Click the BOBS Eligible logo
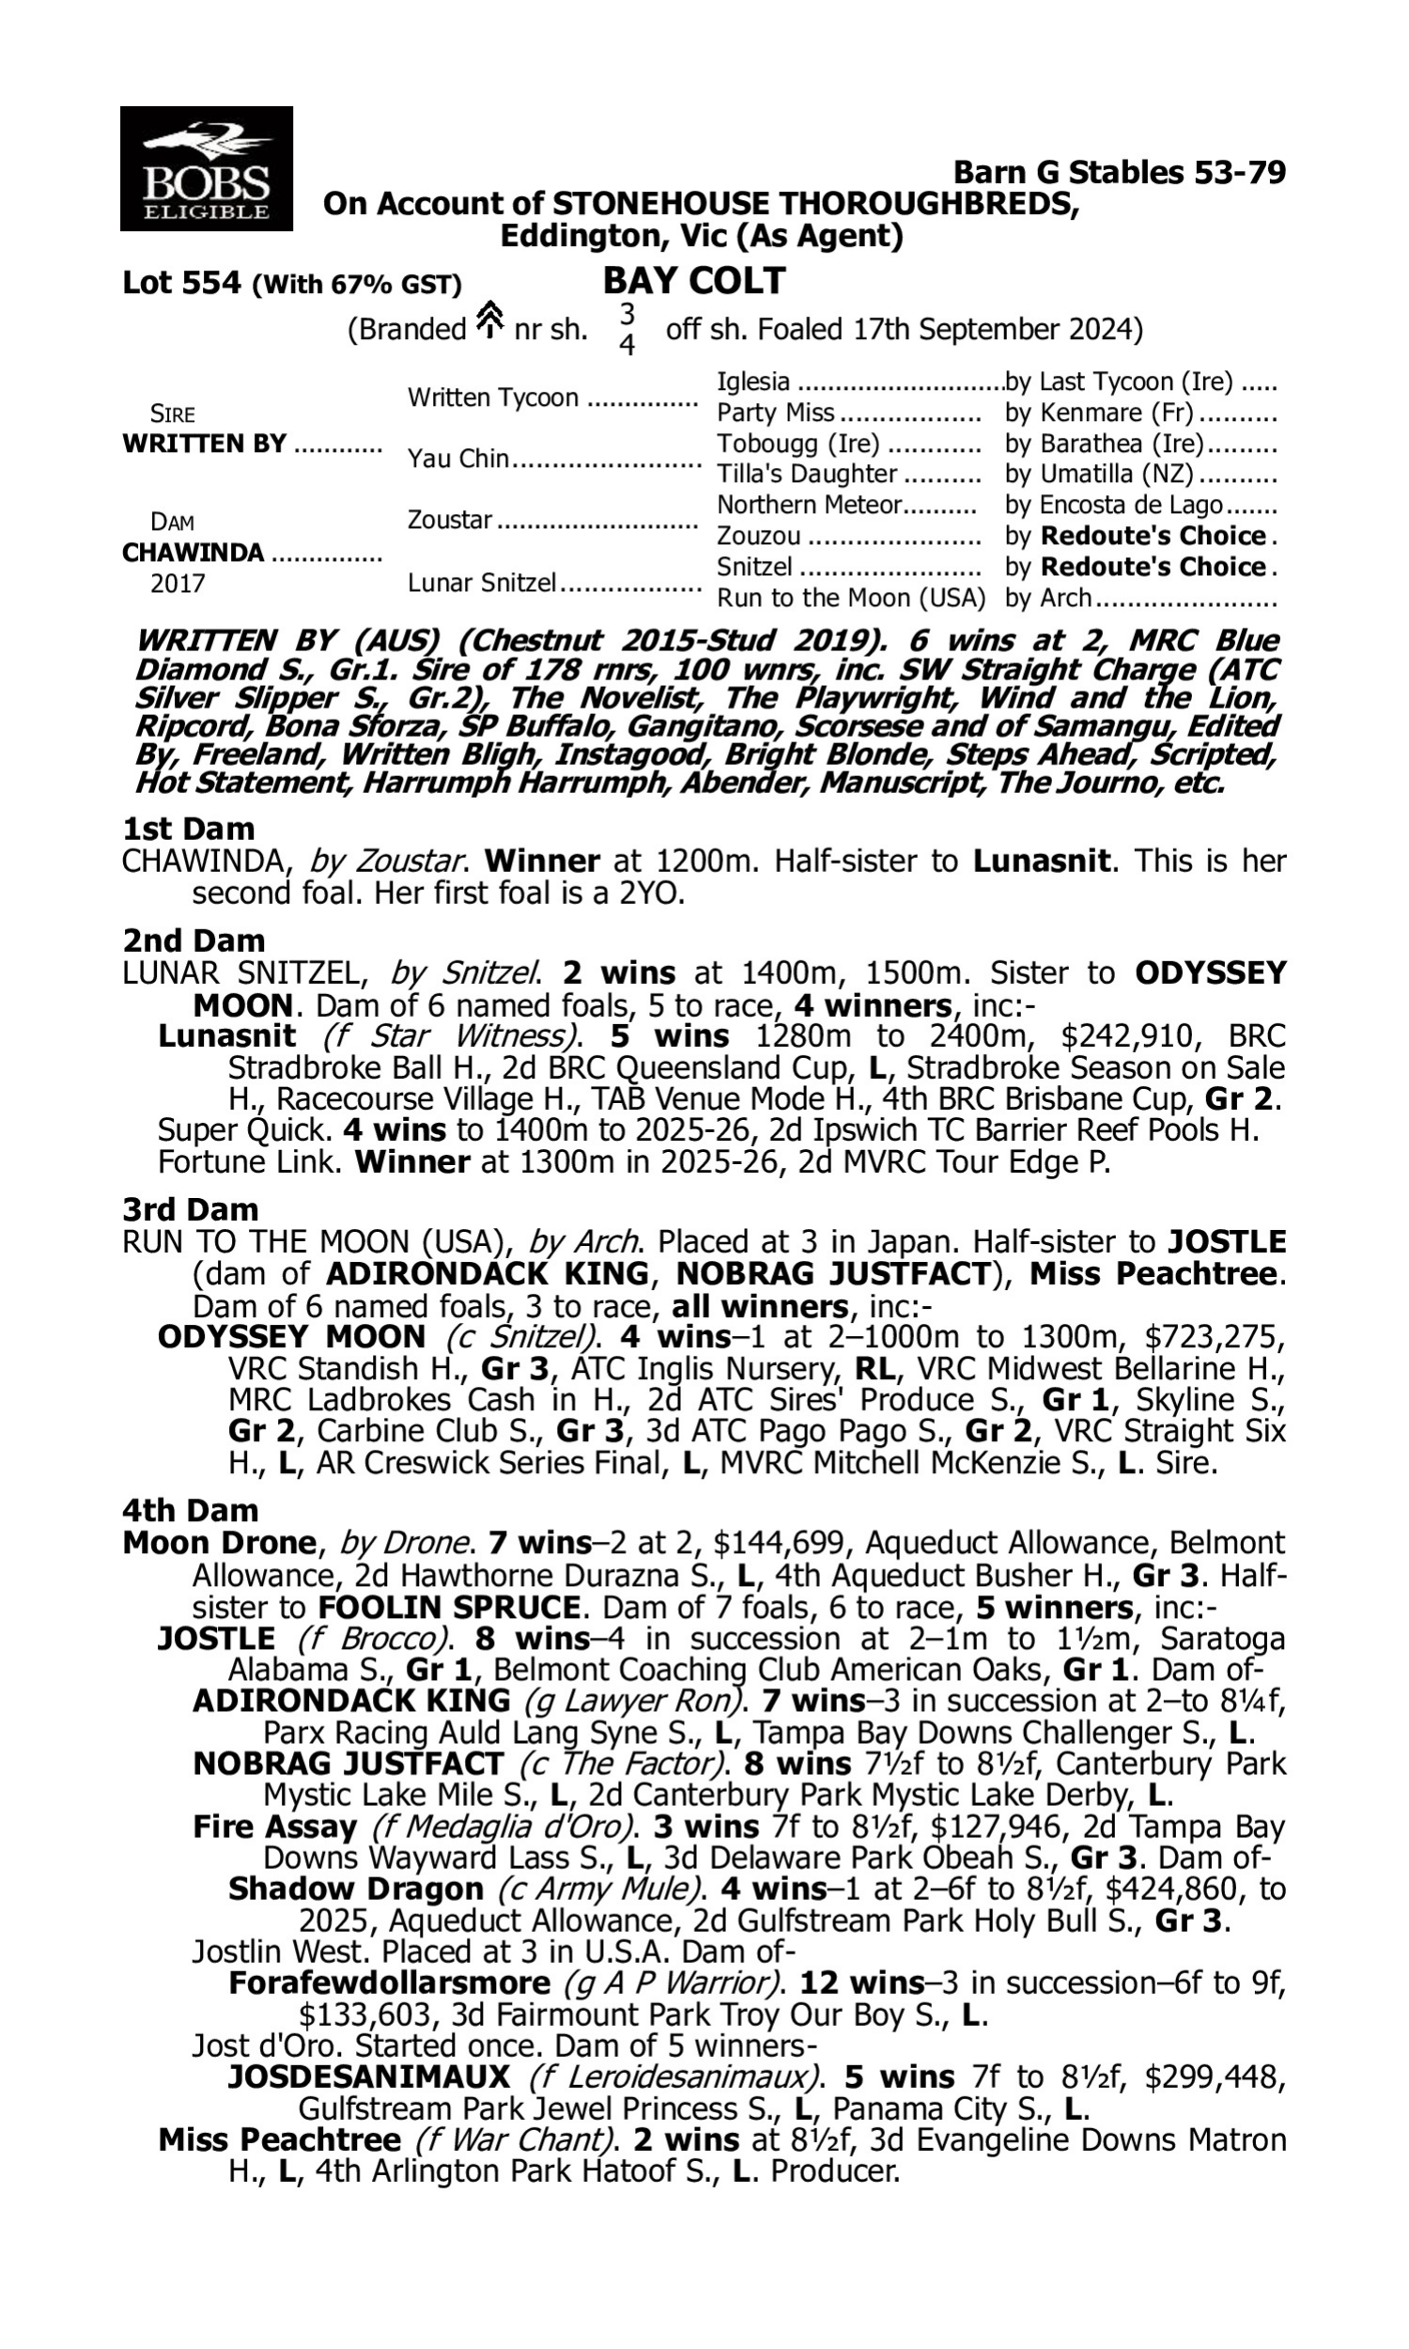click(x=206, y=168)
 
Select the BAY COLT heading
click(x=694, y=281)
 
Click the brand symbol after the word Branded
click(x=489, y=320)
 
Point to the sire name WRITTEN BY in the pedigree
click(x=204, y=443)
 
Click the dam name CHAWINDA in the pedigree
click(x=193, y=552)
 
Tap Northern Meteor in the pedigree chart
click(x=808, y=505)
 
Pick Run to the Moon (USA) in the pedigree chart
click(x=851, y=598)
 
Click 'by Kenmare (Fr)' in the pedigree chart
click(x=1098, y=413)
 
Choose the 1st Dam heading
click(x=188, y=829)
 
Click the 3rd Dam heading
click(x=190, y=1209)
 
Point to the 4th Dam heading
click(x=190, y=1510)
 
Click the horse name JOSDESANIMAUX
click(x=368, y=2077)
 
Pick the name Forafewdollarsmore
click(x=389, y=1983)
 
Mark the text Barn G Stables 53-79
click(x=1119, y=172)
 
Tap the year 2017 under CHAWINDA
click(x=178, y=583)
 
